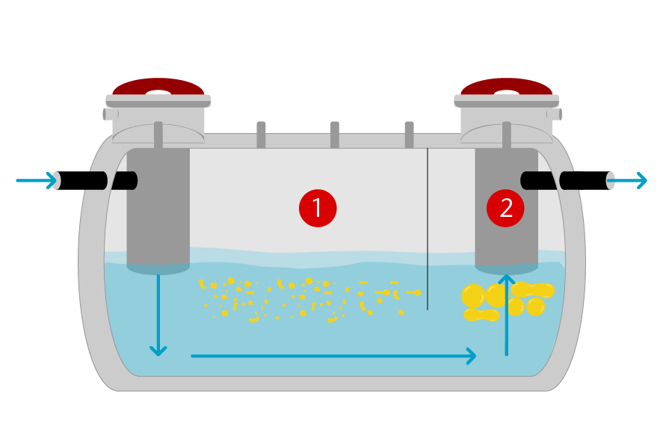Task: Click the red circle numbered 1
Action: click(x=318, y=208)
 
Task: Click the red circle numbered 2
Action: click(x=505, y=208)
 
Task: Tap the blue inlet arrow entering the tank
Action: click(x=37, y=180)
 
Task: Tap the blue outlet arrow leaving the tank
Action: click(x=627, y=180)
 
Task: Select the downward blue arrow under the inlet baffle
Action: click(x=158, y=316)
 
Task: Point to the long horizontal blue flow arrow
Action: click(x=334, y=356)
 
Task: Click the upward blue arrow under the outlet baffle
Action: click(x=507, y=315)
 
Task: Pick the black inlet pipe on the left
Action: click(x=96, y=180)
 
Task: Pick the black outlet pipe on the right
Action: click(x=567, y=180)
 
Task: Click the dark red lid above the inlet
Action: click(x=158, y=87)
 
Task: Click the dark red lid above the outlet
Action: click(x=507, y=87)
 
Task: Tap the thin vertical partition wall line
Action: click(x=428, y=229)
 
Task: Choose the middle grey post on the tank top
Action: click(x=334, y=135)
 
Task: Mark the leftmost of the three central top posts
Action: click(x=261, y=135)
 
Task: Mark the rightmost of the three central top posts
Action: click(x=409, y=135)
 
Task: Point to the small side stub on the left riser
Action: click(x=108, y=114)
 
